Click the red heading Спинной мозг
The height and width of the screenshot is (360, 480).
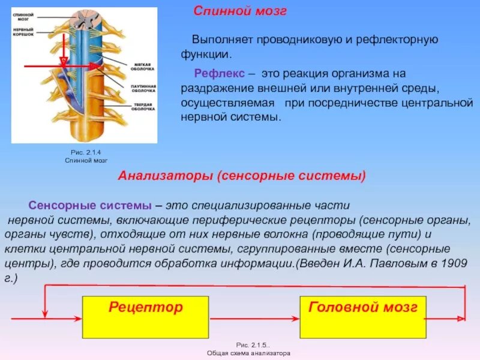[x=239, y=11]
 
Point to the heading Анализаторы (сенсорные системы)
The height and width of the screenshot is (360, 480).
[x=242, y=176]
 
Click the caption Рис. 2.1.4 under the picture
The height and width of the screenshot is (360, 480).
[x=85, y=153]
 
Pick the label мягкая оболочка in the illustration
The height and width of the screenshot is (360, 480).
[x=144, y=66]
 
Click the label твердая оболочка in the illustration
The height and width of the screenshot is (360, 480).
[x=144, y=108]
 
